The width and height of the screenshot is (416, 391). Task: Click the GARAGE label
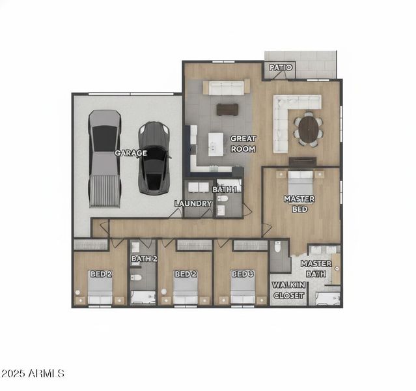[131, 153]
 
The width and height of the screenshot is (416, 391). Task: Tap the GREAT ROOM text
[243, 143]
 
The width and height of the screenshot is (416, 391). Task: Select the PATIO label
[280, 68]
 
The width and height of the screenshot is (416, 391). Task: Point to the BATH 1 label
[225, 189]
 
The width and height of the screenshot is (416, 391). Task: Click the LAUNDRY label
[193, 203]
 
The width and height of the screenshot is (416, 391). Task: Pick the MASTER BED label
[299, 204]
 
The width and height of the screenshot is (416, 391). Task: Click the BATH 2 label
[144, 259]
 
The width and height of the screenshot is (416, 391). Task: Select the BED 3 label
[242, 274]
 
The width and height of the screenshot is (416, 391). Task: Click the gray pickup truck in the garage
[104, 158]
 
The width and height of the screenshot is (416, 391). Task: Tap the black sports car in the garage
[154, 156]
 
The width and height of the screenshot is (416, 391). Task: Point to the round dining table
[309, 128]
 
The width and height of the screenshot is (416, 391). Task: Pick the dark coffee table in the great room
[227, 109]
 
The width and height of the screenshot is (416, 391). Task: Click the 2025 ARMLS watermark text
[33, 374]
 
